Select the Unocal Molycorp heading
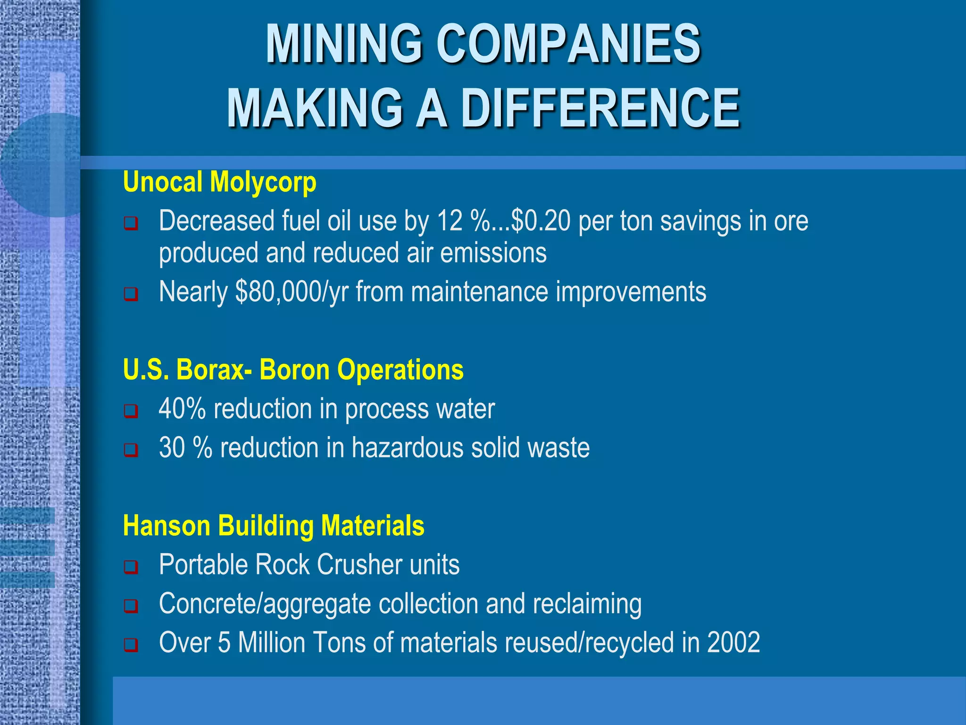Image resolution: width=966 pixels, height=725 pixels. click(219, 182)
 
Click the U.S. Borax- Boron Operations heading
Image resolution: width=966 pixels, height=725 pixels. click(293, 369)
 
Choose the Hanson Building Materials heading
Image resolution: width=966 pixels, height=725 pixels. click(274, 525)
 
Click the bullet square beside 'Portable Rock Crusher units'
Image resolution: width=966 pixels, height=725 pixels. click(131, 566)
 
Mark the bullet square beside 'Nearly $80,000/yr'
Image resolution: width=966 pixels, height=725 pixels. click(131, 294)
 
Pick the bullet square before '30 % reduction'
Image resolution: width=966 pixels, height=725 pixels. click(131, 449)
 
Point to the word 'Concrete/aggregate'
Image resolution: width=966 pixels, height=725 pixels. click(265, 604)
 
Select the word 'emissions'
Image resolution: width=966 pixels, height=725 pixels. click(493, 253)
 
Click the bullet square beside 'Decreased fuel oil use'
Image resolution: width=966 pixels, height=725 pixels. click(131, 223)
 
